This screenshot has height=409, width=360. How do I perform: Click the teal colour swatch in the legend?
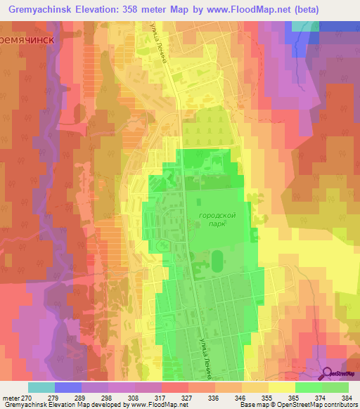click(x=41, y=387)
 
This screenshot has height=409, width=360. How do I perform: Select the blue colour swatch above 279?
click(x=67, y=387)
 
